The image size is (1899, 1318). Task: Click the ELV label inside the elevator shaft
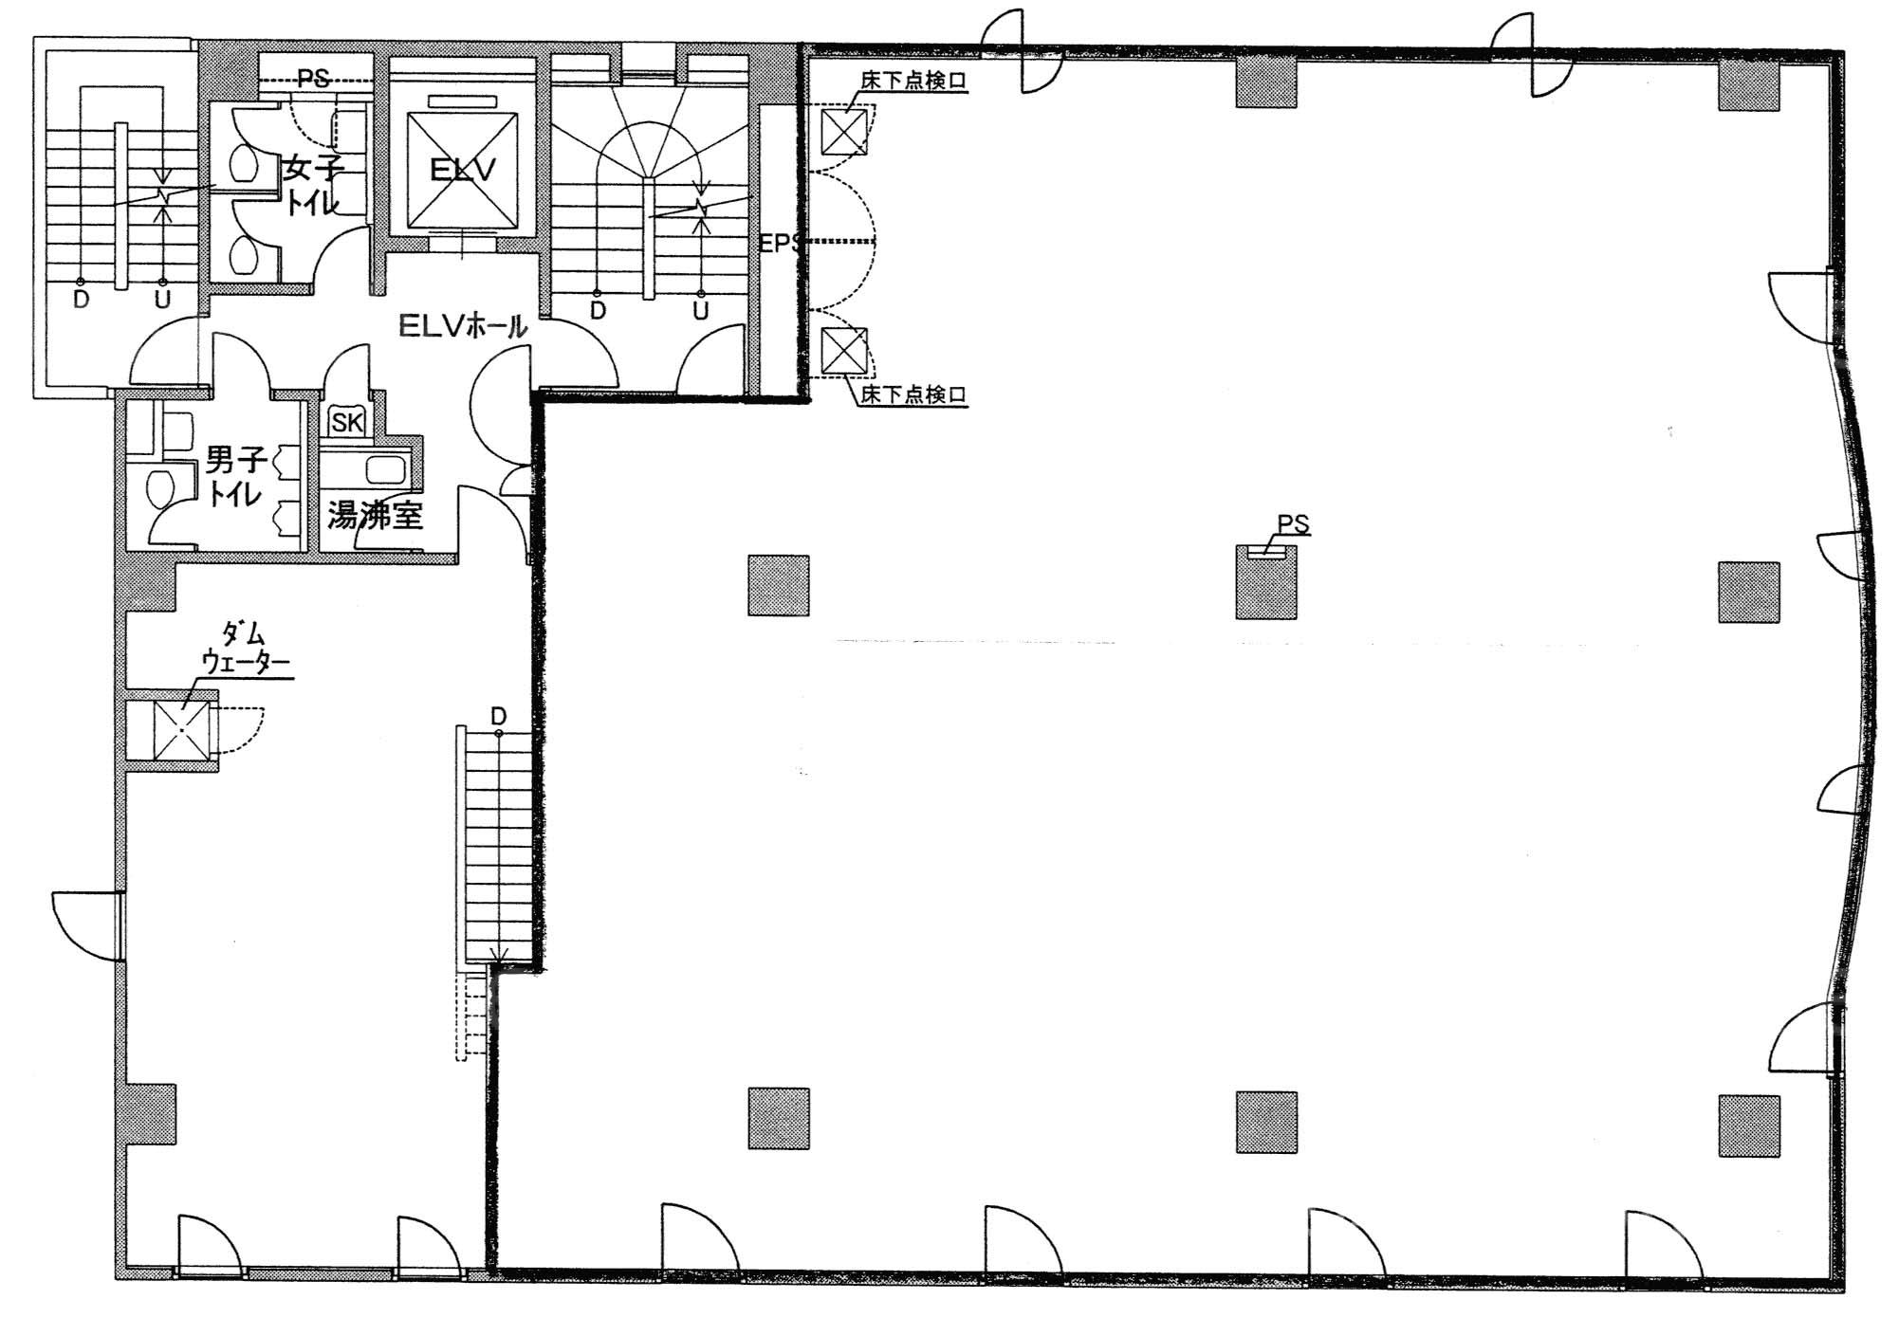(463, 171)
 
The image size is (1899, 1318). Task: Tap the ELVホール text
(462, 326)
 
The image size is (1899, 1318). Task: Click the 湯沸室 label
(375, 515)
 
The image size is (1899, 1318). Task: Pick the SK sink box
(347, 421)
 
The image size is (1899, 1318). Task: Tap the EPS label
(780, 244)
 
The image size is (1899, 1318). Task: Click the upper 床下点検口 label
(913, 82)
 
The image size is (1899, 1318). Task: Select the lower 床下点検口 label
(913, 394)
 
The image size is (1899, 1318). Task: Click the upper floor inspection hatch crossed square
(843, 132)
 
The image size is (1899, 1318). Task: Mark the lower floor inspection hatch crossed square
(843, 350)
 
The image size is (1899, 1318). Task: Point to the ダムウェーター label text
(244, 648)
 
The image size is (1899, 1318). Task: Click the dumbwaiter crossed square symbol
(182, 732)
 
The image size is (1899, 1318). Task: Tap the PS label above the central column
(1293, 523)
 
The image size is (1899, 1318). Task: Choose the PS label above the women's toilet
(314, 79)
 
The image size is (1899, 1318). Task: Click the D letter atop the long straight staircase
(499, 717)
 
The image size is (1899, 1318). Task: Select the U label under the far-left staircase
(163, 301)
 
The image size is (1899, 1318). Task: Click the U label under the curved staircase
(701, 311)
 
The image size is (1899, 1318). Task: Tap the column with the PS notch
(1266, 582)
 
